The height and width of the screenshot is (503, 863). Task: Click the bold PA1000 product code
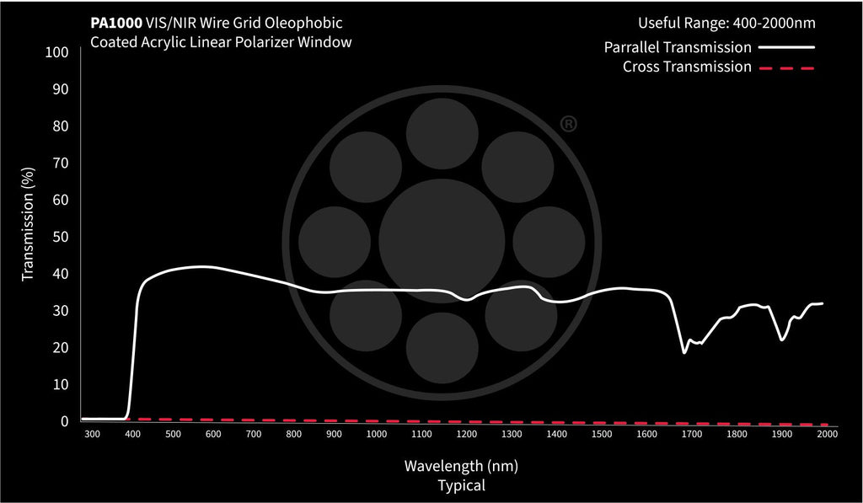click(116, 24)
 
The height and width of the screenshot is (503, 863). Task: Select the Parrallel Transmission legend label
click(678, 47)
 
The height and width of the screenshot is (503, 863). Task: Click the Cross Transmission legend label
click(687, 67)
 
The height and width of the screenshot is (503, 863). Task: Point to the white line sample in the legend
click(786, 47)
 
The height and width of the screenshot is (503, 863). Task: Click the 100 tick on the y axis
click(56, 52)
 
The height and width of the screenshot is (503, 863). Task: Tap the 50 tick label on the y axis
click(59, 237)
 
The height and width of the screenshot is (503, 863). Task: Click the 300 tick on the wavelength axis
click(92, 434)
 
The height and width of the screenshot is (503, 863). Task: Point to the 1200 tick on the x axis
click(466, 434)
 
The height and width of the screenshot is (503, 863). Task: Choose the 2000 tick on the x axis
click(827, 434)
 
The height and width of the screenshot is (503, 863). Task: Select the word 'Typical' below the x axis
click(461, 485)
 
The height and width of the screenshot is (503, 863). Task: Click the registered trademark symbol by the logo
click(568, 125)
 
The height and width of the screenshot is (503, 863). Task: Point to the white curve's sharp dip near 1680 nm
click(684, 352)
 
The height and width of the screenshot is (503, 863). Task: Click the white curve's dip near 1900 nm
click(783, 340)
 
